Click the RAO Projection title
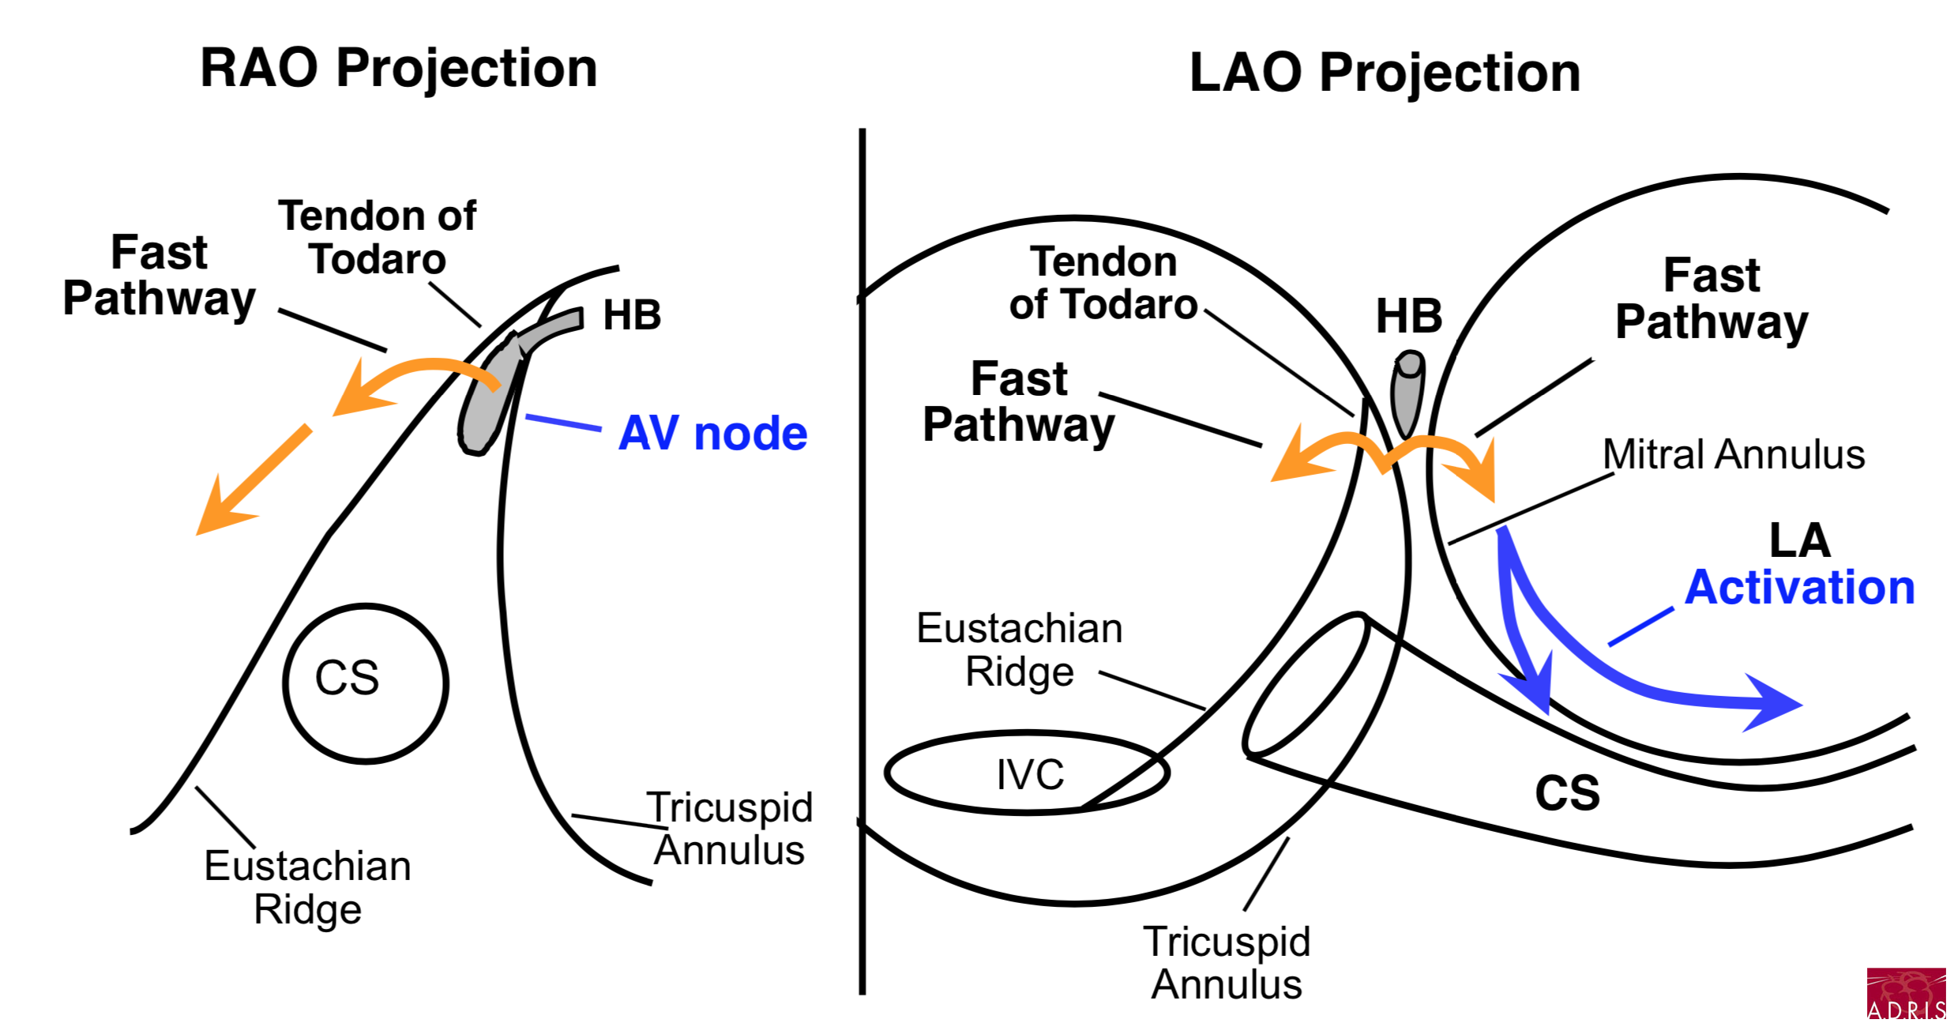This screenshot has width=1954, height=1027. [x=399, y=70]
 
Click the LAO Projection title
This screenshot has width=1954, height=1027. [x=1385, y=74]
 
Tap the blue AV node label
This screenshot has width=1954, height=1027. [x=712, y=433]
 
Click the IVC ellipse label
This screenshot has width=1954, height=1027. [x=1030, y=774]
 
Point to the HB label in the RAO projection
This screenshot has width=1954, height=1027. [x=632, y=315]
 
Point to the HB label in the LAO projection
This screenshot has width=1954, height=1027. [x=1409, y=316]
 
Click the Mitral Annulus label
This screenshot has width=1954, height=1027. [x=1734, y=455]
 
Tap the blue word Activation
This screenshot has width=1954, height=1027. [x=1800, y=588]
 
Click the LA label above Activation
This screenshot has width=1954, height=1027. [x=1800, y=540]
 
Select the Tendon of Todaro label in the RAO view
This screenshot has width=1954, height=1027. [x=378, y=237]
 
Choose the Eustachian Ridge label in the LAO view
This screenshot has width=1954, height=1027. [x=1020, y=649]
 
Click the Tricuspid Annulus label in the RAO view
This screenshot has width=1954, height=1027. [x=730, y=828]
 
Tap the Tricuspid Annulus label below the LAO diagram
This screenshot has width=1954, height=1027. [x=1227, y=962]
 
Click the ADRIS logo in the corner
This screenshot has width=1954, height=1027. [x=1906, y=994]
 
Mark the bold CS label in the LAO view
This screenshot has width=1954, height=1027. [x=1568, y=792]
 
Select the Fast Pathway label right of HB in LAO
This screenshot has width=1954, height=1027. [x=1712, y=299]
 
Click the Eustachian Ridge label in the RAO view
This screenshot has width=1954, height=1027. [x=308, y=887]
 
